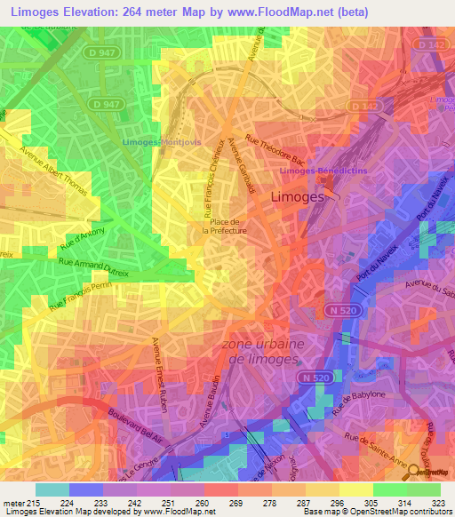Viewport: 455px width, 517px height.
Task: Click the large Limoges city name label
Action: pos(296,198)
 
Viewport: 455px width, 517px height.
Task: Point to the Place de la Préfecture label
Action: pos(224,225)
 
